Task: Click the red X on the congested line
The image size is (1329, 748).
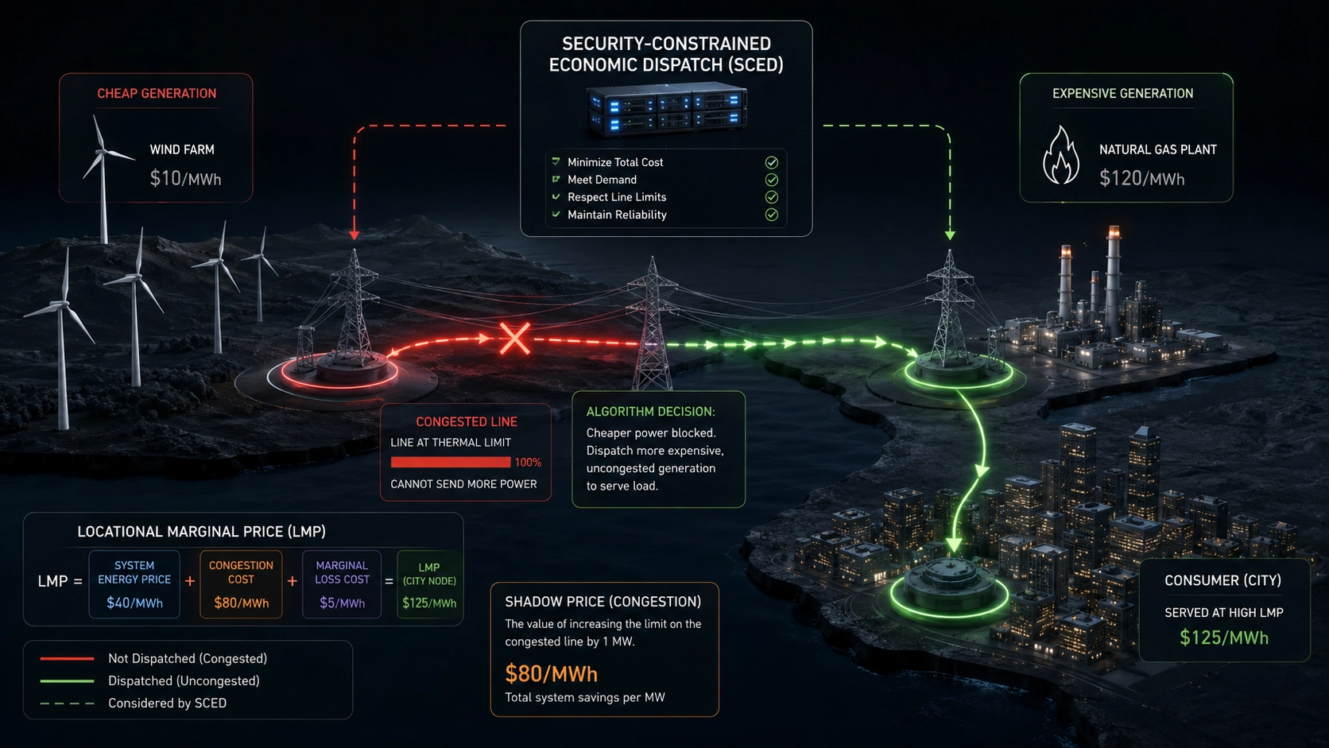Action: point(514,339)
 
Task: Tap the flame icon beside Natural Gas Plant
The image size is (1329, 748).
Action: point(1061,156)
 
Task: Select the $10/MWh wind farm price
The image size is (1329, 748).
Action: point(185,178)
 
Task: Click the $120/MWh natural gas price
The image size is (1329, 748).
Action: point(1141,178)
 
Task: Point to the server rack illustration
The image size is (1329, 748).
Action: point(665,110)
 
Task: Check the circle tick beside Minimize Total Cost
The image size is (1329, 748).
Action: point(771,162)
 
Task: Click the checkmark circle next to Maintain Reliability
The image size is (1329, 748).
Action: point(771,215)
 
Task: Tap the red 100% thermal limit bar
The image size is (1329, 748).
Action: point(451,462)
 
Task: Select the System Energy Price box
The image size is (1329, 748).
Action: point(134,584)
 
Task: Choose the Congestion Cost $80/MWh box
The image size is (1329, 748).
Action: point(241,584)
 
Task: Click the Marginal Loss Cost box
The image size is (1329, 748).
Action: point(342,584)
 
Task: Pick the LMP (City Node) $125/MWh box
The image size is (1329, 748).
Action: point(429,584)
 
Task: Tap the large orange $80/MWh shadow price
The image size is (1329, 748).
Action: point(551,674)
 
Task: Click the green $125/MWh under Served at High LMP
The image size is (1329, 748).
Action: point(1223,638)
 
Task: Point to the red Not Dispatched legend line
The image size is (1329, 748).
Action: point(67,658)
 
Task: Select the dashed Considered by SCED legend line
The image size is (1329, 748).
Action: point(67,703)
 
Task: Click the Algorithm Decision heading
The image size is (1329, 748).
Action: point(651,412)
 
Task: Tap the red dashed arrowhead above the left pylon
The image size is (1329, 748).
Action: point(355,235)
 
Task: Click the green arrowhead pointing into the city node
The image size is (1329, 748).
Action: point(954,545)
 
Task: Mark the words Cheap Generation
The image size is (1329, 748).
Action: point(157,94)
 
